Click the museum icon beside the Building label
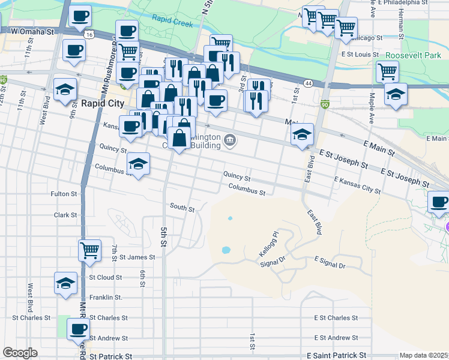click(230, 141)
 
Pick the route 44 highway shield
click(307, 83)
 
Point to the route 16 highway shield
click(89, 35)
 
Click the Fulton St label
click(64, 194)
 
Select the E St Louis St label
click(360, 54)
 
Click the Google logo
click(20, 352)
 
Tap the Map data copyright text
click(424, 355)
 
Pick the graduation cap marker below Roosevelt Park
click(396, 94)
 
